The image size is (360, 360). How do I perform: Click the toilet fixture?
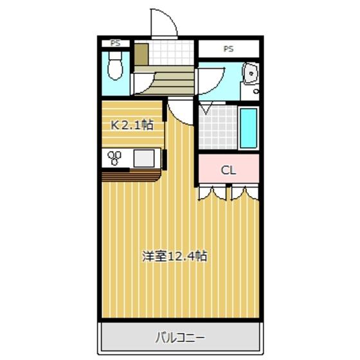tap(116, 66)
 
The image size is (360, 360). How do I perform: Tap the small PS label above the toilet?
tap(116, 43)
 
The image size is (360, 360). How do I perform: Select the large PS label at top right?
tap(228, 48)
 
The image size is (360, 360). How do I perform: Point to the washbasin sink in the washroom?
tap(249, 75)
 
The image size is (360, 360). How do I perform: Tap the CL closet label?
tap(228, 170)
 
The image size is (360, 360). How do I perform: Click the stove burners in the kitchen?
tap(116, 157)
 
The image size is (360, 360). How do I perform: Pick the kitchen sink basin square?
tap(145, 157)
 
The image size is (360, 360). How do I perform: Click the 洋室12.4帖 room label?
tap(174, 256)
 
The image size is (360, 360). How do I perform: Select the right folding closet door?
tap(244, 192)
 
